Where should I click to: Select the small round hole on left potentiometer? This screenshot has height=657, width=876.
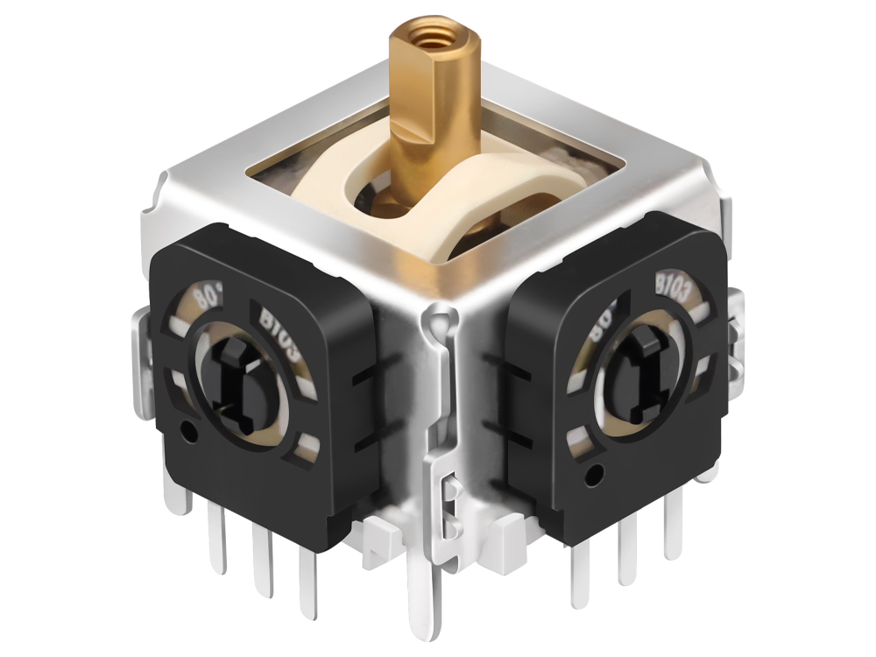click(x=186, y=431)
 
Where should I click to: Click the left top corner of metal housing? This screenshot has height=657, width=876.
click(x=171, y=188)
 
